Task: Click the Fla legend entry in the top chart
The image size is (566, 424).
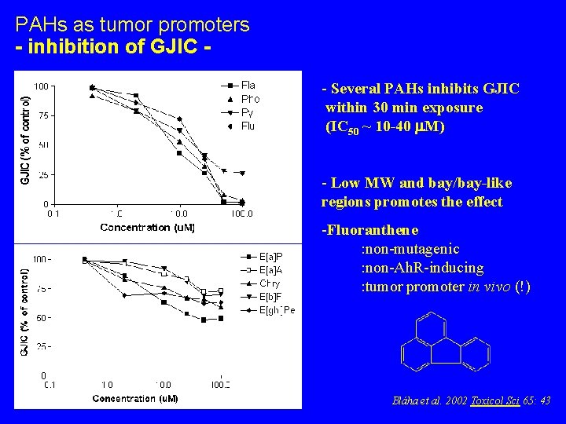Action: (x=248, y=85)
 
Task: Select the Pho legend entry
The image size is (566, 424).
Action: (x=250, y=99)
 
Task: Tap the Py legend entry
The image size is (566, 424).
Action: (x=247, y=112)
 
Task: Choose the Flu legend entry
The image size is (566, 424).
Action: (x=248, y=126)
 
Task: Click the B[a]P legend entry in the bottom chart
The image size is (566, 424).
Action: (x=270, y=257)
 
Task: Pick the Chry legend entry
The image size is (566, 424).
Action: (x=270, y=283)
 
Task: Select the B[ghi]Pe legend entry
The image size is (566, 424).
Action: (x=277, y=310)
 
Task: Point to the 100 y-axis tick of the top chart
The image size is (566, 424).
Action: (x=40, y=86)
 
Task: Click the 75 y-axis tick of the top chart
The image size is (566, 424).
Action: (x=43, y=115)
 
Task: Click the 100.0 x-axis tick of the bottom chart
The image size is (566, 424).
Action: (x=220, y=385)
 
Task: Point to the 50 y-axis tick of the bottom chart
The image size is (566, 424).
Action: (x=44, y=317)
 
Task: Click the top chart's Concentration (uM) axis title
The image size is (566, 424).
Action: (x=147, y=227)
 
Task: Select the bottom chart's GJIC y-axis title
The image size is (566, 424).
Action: (x=24, y=312)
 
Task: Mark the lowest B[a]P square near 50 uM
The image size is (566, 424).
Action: (x=204, y=320)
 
